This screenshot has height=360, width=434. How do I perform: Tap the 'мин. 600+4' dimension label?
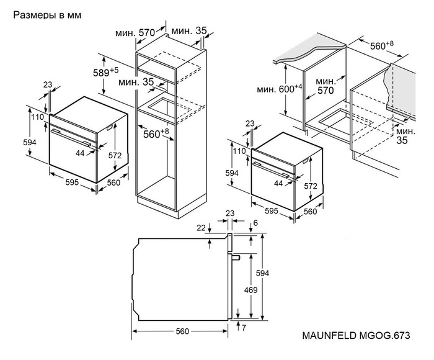point(280,89)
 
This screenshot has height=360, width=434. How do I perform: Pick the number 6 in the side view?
point(254,223)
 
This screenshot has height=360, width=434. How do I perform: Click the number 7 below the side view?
point(244,327)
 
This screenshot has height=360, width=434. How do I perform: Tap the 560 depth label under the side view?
point(181,331)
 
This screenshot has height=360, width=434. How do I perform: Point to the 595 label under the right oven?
point(270,210)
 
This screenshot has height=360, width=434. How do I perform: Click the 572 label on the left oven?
point(114,156)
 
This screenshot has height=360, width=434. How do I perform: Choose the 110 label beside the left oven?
point(38,117)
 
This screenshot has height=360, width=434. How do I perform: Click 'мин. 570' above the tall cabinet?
point(138,32)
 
